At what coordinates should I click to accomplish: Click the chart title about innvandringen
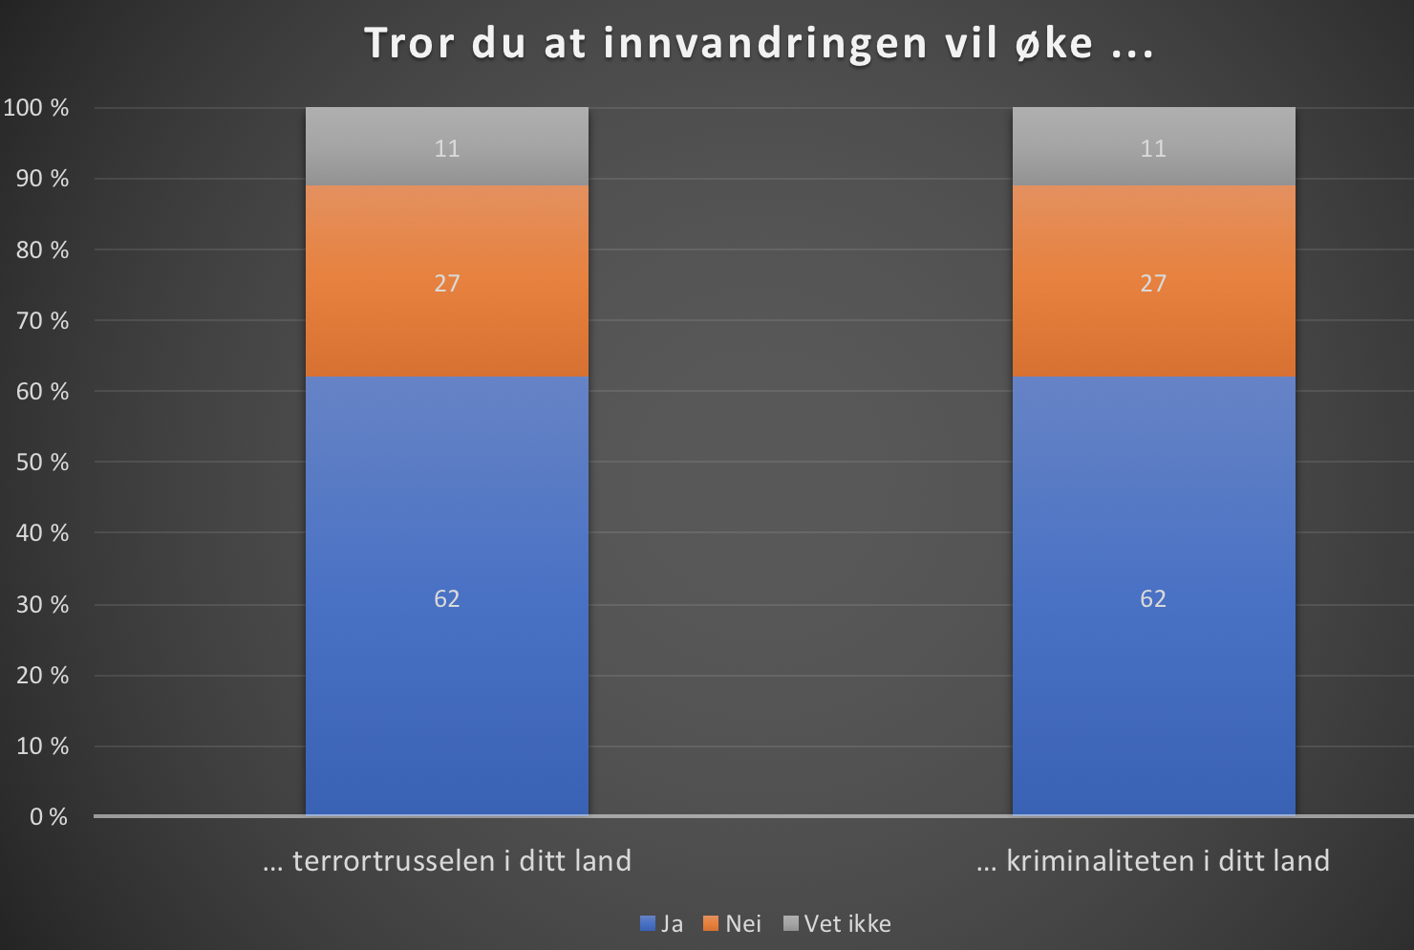point(759,44)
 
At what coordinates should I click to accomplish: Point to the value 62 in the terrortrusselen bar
point(446,598)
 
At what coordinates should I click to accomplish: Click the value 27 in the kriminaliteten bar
point(1153,283)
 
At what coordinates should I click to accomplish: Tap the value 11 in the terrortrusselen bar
point(446,148)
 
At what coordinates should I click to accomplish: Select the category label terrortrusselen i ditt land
point(447,861)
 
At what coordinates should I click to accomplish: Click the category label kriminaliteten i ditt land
point(1153,861)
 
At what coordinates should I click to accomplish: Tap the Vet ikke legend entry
point(838,923)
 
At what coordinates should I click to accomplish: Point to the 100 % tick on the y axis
point(36,108)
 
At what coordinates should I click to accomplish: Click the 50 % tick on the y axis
point(42,463)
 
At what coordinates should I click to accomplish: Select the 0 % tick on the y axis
point(48,817)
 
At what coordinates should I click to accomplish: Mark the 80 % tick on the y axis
point(42,250)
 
